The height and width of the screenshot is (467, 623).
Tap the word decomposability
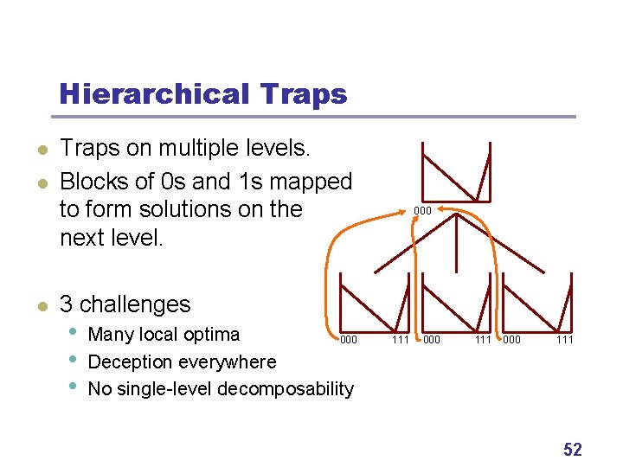pos(286,389)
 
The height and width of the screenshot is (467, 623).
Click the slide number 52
pos(572,450)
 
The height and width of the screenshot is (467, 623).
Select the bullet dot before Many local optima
pos(73,332)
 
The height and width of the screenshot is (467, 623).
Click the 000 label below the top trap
pos(421,211)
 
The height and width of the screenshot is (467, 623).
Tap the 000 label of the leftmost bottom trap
pos(348,340)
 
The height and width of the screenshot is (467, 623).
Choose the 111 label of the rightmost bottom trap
pos(565,340)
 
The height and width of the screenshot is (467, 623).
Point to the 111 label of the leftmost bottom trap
pos(400,340)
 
